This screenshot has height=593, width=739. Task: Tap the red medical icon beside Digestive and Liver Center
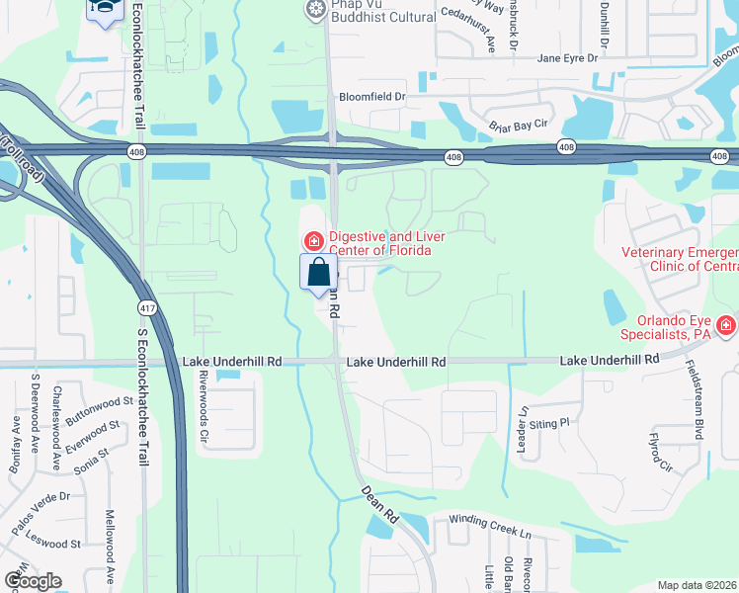(x=313, y=240)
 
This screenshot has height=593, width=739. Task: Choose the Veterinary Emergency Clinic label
(x=680, y=259)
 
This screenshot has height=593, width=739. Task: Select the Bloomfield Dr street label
(x=372, y=97)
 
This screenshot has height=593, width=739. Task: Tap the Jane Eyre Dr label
(x=567, y=58)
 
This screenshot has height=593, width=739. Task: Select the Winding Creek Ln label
(x=490, y=524)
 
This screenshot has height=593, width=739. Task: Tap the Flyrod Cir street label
(x=657, y=451)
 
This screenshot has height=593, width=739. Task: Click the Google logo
(x=33, y=580)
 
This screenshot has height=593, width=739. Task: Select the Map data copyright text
(x=697, y=585)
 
